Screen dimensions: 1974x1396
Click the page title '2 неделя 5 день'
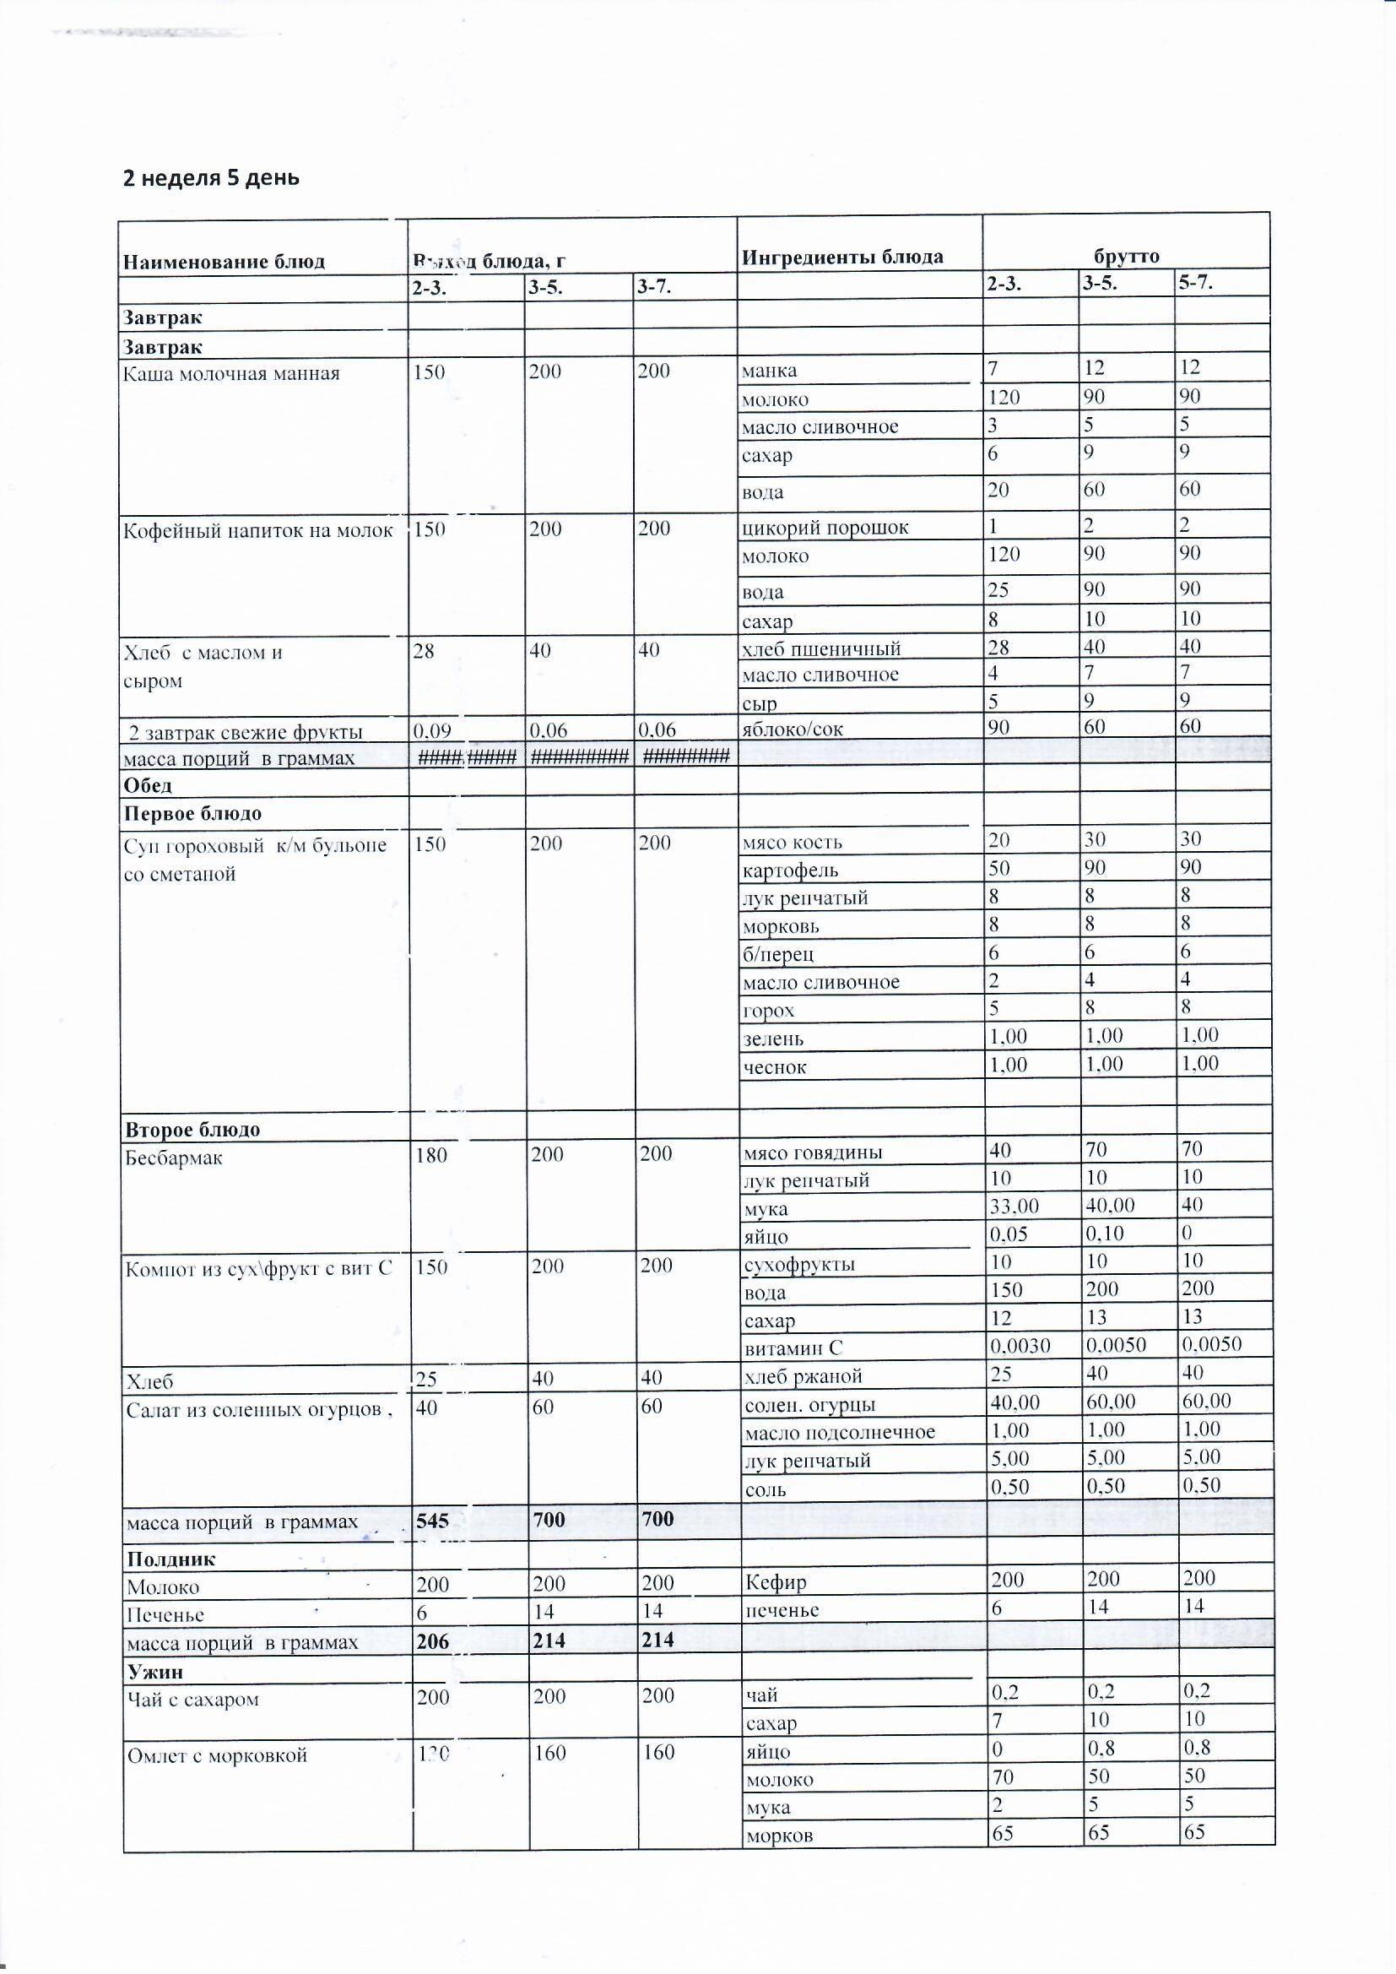(212, 178)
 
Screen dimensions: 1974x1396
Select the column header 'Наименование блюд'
(224, 262)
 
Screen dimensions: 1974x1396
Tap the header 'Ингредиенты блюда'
(842, 256)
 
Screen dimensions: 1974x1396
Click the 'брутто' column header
(1126, 255)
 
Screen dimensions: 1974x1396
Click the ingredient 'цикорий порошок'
(825, 527)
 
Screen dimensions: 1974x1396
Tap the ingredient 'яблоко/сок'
(792, 729)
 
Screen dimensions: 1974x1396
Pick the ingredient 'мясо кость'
(792, 843)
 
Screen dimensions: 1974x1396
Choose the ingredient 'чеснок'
(775, 1067)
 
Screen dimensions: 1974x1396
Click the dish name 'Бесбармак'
(175, 1158)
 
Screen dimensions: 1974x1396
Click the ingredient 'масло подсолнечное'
(839, 1431)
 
